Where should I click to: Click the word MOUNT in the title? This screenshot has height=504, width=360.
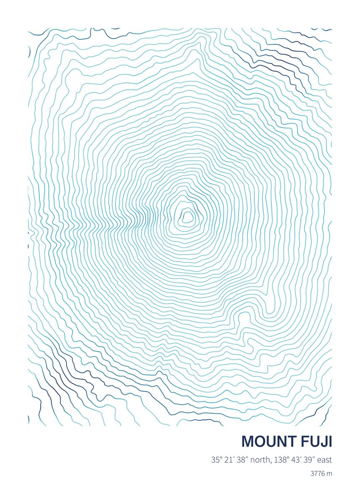click(x=269, y=441)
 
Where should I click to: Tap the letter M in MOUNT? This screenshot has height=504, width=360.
click(x=248, y=441)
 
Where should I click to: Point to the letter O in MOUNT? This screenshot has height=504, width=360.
click(x=259, y=441)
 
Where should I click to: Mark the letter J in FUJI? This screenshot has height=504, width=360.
click(x=323, y=441)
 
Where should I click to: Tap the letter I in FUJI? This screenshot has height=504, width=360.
click(x=330, y=441)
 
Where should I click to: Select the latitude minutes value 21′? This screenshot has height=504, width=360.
click(x=229, y=460)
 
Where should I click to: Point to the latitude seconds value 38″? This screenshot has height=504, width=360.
click(x=242, y=460)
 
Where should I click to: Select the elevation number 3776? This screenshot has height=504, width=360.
click(x=318, y=474)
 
